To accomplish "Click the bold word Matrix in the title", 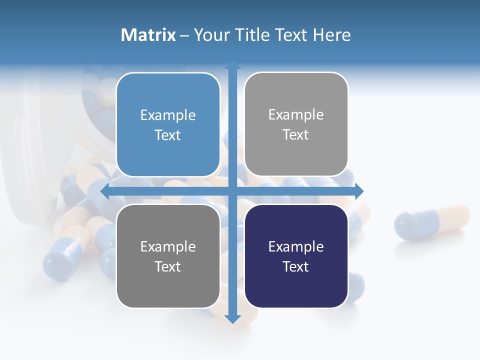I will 148,35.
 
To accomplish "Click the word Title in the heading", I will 255,35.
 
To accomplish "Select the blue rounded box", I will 168,124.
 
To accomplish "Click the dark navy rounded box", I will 296,256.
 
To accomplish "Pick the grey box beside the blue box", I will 296,124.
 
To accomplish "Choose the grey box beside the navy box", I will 168,256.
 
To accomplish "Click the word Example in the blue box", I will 168,115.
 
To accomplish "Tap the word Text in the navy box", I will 296,266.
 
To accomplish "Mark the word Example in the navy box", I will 296,246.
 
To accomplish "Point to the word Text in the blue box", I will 168,135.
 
